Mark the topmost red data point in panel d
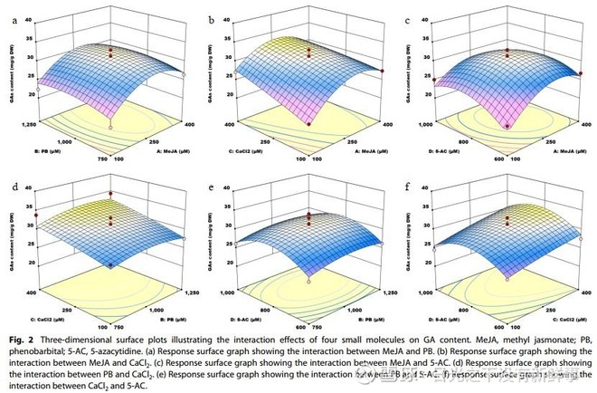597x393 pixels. pyautogui.click(x=111, y=194)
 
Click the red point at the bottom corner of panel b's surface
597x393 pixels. pyautogui.click(x=308, y=124)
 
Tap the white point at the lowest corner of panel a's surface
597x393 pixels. pyautogui.click(x=110, y=128)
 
